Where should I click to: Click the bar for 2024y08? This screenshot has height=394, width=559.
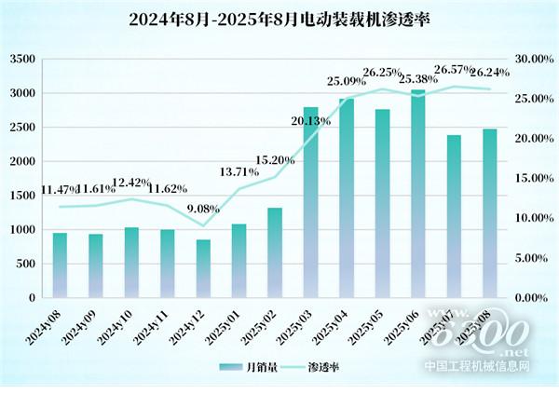(x=60, y=265)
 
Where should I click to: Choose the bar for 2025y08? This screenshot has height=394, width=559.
(x=490, y=213)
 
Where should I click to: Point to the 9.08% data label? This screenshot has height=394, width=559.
(x=202, y=209)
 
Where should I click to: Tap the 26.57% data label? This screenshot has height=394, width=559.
(x=455, y=68)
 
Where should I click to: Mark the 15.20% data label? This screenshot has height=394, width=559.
(x=276, y=159)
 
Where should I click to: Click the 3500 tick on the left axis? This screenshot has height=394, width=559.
(x=22, y=60)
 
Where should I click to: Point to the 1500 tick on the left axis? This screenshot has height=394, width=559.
(x=22, y=196)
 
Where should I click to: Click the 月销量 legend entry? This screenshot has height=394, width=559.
(x=248, y=367)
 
